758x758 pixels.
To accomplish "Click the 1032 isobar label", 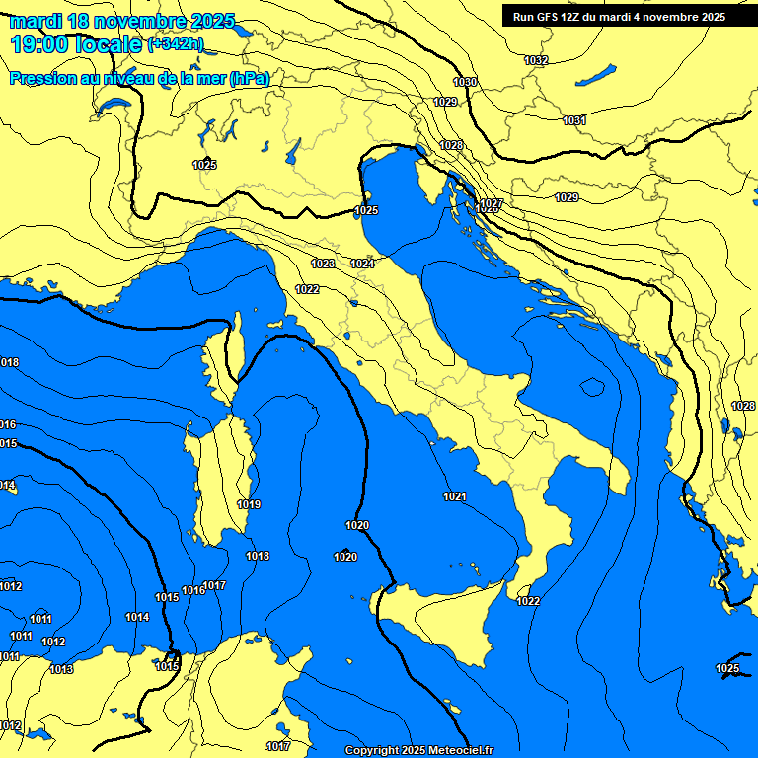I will coord(536,60).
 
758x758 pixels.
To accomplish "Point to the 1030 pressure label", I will coord(465,82).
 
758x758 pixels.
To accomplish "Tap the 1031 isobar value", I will coord(574,120).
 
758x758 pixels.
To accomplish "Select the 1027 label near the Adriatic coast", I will coord(491,204).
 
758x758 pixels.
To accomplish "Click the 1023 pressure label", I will coord(323,264).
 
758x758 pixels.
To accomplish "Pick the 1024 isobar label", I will coord(362,264).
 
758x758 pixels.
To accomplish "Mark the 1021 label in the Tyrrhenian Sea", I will coord(455,496).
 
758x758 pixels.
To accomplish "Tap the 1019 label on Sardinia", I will coord(249,504).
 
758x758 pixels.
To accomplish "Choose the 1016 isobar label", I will coord(193,590).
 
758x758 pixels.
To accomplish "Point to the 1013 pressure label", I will coord(61,669).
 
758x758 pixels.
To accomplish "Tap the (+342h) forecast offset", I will coord(176,44).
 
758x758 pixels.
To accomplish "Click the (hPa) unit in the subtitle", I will coord(249,78).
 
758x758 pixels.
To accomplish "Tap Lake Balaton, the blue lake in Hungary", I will coord(596,75).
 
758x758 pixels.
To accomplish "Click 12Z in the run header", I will coord(579,17).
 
